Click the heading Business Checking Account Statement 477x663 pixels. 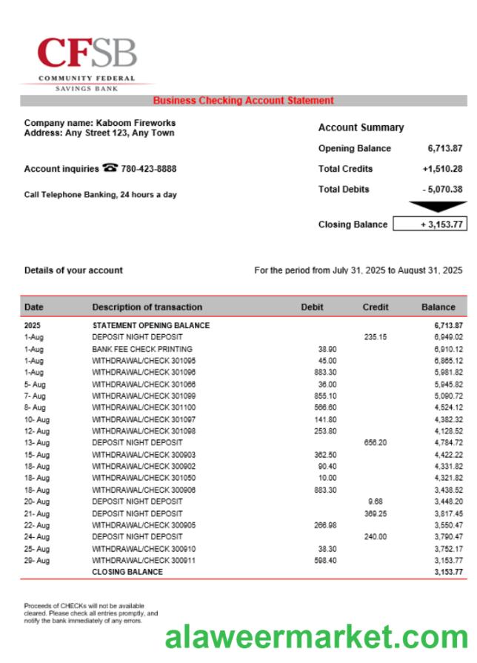(x=243, y=101)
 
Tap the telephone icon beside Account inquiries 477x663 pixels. (x=110, y=168)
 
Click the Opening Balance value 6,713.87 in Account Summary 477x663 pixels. (x=444, y=148)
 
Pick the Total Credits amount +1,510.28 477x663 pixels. (x=442, y=169)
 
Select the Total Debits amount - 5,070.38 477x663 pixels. (x=442, y=190)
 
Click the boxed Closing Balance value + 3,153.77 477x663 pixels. (x=430, y=224)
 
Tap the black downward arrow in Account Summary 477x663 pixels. (x=438, y=207)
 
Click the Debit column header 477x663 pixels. (x=312, y=307)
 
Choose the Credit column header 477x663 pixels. (x=376, y=307)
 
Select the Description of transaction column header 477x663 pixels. (x=147, y=307)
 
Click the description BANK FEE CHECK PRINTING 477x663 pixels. (x=141, y=349)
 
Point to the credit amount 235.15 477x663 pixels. (x=376, y=337)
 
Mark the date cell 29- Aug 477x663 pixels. (x=36, y=561)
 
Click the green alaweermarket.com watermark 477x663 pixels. (x=316, y=637)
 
